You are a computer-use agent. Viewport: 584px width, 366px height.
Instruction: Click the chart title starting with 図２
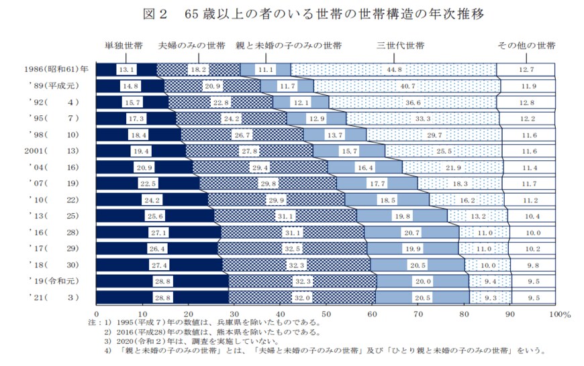pos(291,13)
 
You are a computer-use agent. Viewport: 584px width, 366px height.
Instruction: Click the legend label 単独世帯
pos(123,46)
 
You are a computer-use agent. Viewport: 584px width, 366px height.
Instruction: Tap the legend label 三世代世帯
pos(400,46)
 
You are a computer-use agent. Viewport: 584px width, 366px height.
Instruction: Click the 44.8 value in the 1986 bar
pos(393,69)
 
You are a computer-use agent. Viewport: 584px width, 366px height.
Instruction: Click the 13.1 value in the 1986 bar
pos(126,69)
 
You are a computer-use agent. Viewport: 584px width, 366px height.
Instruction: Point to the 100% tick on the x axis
pos(558,313)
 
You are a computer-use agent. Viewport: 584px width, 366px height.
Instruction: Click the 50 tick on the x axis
pos(326,313)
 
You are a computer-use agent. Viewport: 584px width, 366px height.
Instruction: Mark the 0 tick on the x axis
pos(97,313)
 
